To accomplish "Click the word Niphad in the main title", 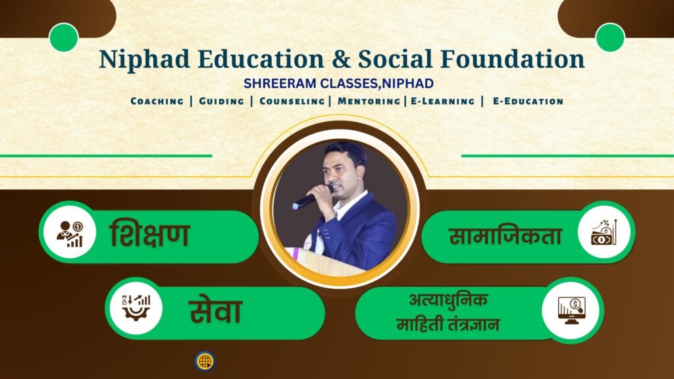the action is [x=144, y=59].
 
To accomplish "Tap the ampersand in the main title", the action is [x=342, y=59].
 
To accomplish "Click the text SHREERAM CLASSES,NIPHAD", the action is [x=339, y=84].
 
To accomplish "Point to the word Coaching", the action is [x=157, y=101].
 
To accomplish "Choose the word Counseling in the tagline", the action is [x=292, y=101].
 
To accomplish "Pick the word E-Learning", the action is [x=443, y=101].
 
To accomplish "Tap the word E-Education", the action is [x=528, y=101].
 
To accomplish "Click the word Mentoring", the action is [x=369, y=101].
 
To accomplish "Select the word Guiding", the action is [x=221, y=101].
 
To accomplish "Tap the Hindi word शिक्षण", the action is [x=150, y=234].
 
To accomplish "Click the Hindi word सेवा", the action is [x=216, y=311].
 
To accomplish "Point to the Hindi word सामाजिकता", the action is [x=505, y=236].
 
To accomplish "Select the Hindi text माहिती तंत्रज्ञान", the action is [x=448, y=324].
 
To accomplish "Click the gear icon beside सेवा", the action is [x=136, y=308].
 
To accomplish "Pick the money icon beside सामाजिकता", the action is [x=604, y=232].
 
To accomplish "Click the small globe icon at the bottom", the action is [x=205, y=361].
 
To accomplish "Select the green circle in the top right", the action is [x=610, y=38].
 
